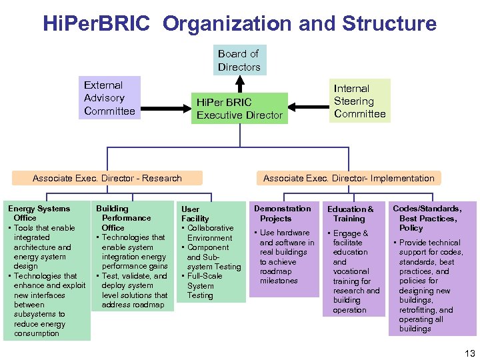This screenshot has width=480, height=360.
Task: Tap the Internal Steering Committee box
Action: (360, 101)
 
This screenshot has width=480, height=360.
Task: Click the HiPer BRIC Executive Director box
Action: (239, 109)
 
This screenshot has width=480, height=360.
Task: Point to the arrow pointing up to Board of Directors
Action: (240, 83)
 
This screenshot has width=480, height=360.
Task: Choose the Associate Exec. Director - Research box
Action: (107, 178)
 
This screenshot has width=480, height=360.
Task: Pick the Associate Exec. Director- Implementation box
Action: (349, 178)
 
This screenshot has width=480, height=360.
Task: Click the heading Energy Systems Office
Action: (38, 213)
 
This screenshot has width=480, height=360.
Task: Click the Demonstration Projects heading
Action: (282, 213)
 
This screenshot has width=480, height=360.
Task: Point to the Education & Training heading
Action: (350, 214)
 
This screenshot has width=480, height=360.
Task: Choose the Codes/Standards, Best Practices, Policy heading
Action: (427, 218)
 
